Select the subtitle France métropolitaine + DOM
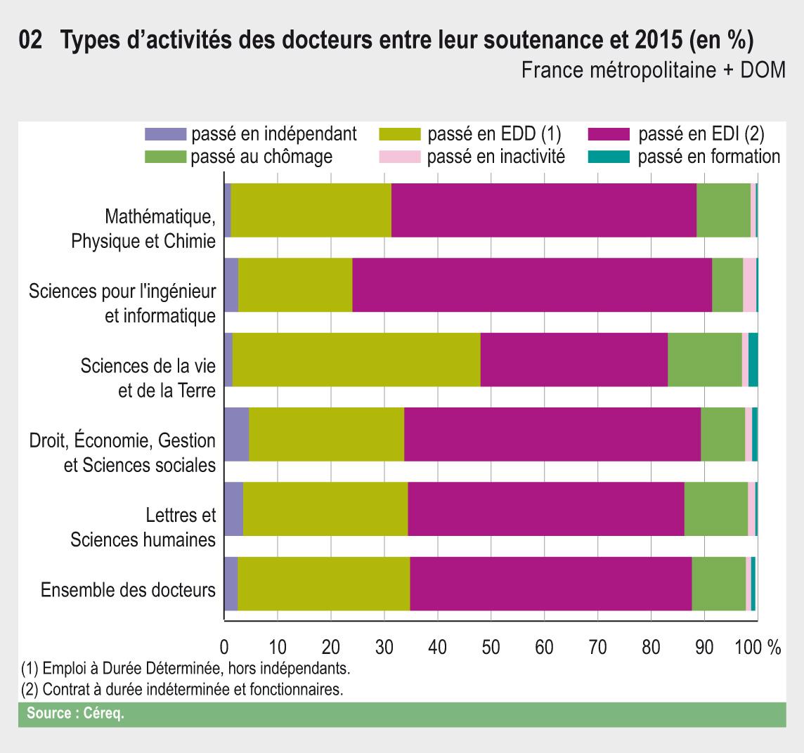(653, 71)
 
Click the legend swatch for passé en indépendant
(165, 134)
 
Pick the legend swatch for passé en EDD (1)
(399, 134)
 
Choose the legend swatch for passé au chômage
(165, 156)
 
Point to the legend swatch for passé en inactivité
(399, 156)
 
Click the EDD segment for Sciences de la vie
(356, 360)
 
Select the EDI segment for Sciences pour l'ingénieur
(532, 284)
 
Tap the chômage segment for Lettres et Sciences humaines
(715, 509)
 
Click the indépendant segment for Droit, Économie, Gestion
(236, 434)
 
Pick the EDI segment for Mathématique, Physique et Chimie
(543, 210)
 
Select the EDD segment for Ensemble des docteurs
(323, 584)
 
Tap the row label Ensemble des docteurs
(128, 589)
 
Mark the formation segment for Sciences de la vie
(753, 360)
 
